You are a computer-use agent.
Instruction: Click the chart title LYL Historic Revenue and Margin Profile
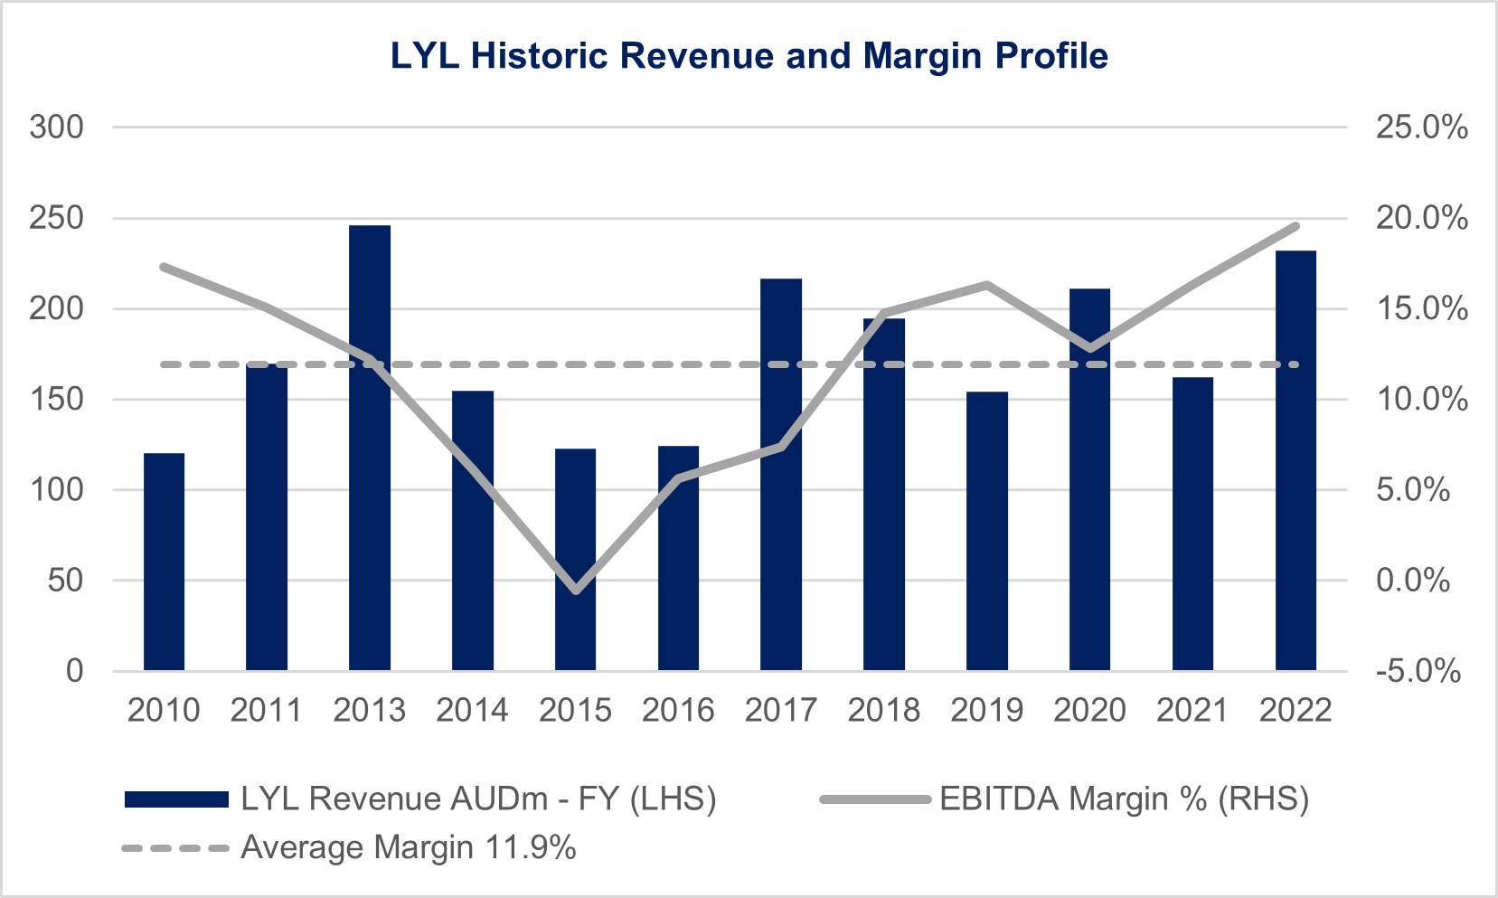click(749, 56)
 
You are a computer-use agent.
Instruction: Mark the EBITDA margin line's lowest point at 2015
click(576, 591)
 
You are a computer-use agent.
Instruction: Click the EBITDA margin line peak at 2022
click(1295, 226)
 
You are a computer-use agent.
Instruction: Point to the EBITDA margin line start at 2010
click(165, 267)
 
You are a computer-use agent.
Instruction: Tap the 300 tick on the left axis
click(56, 128)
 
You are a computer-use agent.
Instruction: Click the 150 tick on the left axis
click(56, 399)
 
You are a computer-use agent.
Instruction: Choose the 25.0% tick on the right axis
click(1421, 128)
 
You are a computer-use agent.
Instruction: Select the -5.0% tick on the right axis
click(1418, 671)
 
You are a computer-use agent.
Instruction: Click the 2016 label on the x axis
click(678, 710)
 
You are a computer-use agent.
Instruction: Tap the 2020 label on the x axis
click(1089, 710)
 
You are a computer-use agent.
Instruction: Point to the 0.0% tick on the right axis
click(1413, 580)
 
